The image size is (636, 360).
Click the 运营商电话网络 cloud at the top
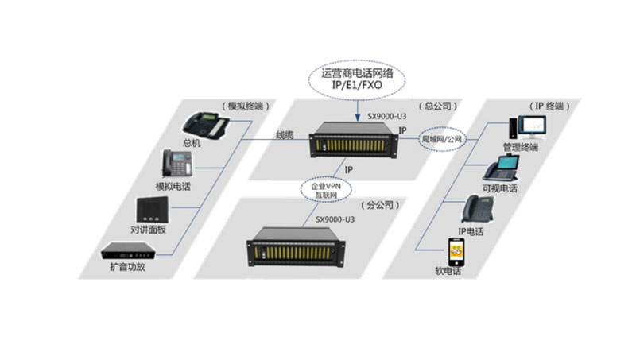[x=357, y=79]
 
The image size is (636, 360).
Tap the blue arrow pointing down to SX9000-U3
[x=357, y=110]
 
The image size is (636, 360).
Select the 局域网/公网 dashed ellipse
[x=442, y=139]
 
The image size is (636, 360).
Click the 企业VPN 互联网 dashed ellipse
[x=326, y=190]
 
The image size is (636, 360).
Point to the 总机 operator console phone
[x=205, y=126]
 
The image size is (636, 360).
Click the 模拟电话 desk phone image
[x=177, y=164]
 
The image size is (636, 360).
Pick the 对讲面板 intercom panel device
[x=152, y=210]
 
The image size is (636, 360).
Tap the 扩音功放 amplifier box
[x=128, y=251]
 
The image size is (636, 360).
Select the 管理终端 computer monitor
[x=528, y=128]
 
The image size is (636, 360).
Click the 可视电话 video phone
[x=502, y=168]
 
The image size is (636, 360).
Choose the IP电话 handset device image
[x=479, y=209]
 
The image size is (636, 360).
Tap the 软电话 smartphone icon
[x=456, y=252]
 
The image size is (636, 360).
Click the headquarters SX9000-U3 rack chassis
[x=354, y=141]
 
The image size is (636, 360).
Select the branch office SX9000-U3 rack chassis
[x=296, y=247]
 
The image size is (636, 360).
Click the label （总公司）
[x=438, y=106]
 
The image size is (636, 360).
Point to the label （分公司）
[x=380, y=205]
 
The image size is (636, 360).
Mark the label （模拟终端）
[x=246, y=106]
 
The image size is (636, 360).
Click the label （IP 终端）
[x=549, y=106]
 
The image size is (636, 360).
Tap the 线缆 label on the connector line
[x=285, y=135]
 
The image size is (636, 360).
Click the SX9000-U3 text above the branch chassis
[x=335, y=219]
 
